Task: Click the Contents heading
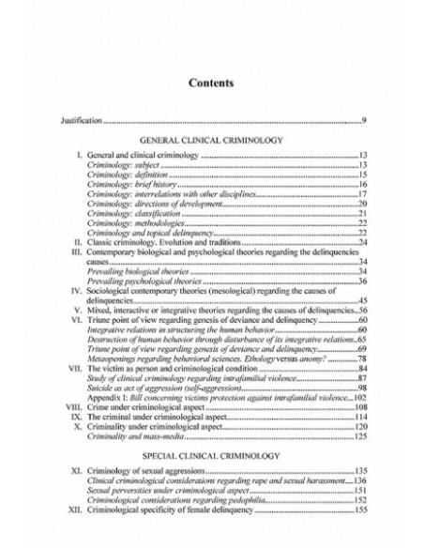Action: pos(211,83)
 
